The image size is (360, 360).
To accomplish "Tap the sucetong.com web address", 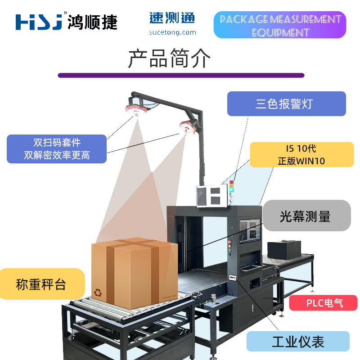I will [x=173, y=32].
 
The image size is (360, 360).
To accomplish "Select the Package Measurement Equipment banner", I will [x=279, y=25].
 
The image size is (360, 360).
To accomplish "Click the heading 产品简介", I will [x=169, y=58].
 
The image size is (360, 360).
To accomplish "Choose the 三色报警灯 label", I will [x=286, y=104].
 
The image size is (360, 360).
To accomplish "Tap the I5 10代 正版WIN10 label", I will [x=301, y=154].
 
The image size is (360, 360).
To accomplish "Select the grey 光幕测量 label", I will [x=306, y=216].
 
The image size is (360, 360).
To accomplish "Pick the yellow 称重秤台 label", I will [x=41, y=284].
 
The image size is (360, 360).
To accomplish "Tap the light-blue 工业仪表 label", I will [x=298, y=342].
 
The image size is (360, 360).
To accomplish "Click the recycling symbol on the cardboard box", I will [x=98, y=292].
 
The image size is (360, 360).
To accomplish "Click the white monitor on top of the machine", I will [x=211, y=196].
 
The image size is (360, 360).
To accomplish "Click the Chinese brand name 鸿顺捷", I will [x=92, y=22].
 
